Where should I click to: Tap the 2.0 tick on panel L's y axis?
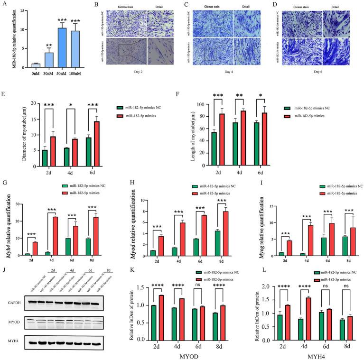276,287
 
